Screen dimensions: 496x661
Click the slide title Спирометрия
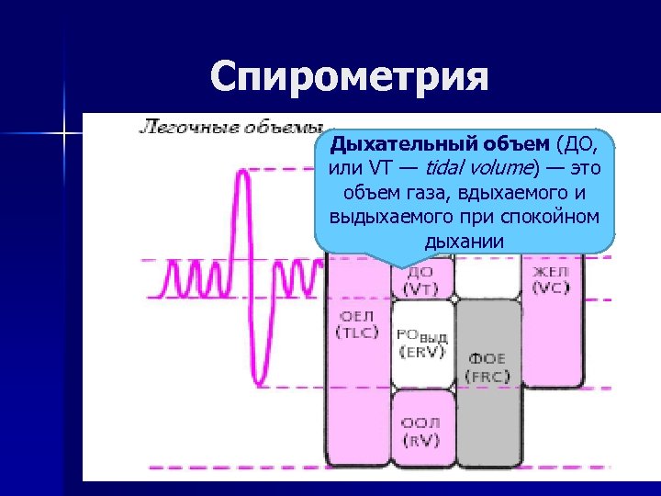click(348, 77)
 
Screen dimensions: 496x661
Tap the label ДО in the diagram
click(420, 272)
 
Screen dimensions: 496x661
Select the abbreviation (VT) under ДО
click(420, 288)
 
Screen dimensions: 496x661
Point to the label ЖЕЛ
click(552, 272)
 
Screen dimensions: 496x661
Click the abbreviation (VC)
click(552, 288)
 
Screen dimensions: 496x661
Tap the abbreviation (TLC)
click(357, 333)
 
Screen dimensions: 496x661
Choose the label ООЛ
click(420, 423)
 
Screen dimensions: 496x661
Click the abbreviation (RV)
click(420, 440)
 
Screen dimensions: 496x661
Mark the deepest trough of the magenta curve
click(261, 380)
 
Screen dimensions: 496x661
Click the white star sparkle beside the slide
click(65, 134)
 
